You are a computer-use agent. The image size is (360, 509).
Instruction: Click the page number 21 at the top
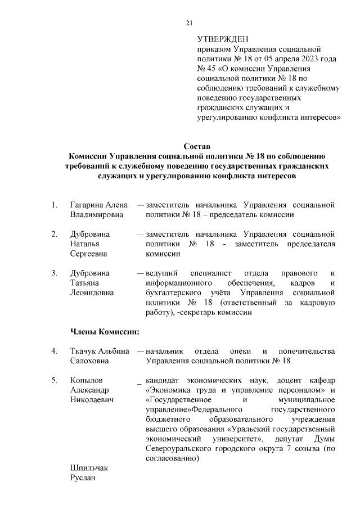click(x=189, y=22)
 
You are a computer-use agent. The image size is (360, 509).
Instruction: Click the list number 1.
click(x=53, y=205)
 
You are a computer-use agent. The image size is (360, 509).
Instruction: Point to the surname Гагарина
click(x=88, y=205)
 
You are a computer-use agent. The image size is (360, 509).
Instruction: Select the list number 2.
click(x=53, y=234)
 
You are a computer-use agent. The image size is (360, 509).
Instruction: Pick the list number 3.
click(x=53, y=273)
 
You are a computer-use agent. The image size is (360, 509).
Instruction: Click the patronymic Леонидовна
click(x=92, y=292)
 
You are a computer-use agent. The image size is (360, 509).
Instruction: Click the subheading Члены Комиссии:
click(x=104, y=331)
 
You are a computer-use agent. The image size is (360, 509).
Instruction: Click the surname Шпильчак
click(x=89, y=469)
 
